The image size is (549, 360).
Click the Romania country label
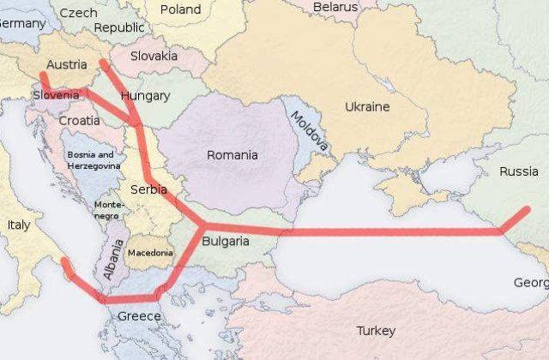point(232,155)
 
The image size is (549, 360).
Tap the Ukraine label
point(366,107)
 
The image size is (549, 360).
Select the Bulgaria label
point(226,241)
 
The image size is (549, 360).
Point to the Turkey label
point(376,330)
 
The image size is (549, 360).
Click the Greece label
point(139,316)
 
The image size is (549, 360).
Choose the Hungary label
point(146,95)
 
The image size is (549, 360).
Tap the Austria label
point(66,64)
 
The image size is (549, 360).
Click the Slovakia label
point(154,56)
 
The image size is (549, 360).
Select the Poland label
point(180,10)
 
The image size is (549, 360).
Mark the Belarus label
point(335,7)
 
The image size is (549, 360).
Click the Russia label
point(518,171)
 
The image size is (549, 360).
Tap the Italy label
point(18,224)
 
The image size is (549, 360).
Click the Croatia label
point(79,121)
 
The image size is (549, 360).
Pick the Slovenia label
point(56,94)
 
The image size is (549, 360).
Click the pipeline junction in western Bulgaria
point(203,226)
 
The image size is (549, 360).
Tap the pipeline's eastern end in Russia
point(527,209)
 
